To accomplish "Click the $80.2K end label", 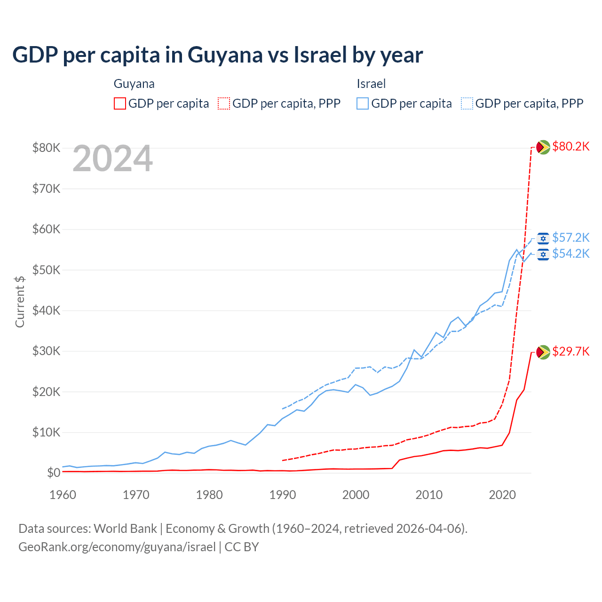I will tap(570, 147).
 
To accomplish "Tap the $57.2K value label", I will tap(570, 238).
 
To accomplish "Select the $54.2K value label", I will tap(570, 254).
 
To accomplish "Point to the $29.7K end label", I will tap(570, 352).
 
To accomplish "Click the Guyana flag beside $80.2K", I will tap(543, 147).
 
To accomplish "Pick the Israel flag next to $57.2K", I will tap(543, 238).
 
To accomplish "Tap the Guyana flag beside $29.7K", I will tap(543, 352).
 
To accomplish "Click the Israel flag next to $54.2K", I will tap(543, 254).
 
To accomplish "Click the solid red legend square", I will tap(120, 103).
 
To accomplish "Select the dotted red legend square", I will tap(224, 103).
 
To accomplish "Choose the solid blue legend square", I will tap(363, 103).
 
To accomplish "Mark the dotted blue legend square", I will tap(467, 103).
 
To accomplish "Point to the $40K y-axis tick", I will tap(46, 310).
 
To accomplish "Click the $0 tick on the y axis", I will tap(54, 473).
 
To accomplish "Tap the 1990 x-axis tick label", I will tap(283, 495).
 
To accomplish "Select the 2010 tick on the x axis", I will tap(429, 495).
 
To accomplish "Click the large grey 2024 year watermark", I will tap(113, 158).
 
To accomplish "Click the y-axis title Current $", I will tap(20, 301).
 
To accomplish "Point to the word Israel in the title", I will tap(320, 55).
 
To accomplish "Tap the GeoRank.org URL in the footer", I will tap(117, 547).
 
